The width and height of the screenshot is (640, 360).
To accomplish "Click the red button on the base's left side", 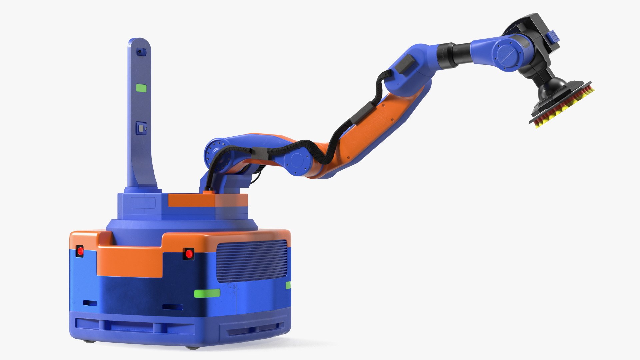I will click(x=80, y=251).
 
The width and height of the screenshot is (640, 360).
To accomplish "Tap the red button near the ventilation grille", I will click(x=188, y=254).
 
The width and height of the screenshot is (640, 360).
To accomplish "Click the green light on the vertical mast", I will click(x=141, y=88).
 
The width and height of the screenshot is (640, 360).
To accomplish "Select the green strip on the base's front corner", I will click(x=207, y=293).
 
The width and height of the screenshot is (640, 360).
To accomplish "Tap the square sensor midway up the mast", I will click(x=141, y=128).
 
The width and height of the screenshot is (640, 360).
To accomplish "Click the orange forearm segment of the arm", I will click(x=373, y=127).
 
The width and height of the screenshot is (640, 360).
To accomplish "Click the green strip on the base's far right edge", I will click(x=288, y=285).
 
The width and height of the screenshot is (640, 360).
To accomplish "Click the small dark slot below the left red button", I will click(x=90, y=303).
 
